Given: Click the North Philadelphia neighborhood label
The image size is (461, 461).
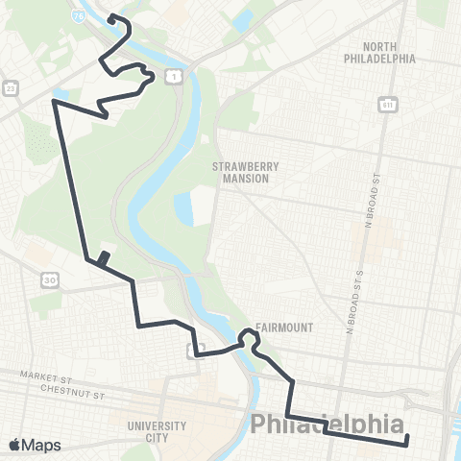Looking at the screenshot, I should pyautogui.click(x=379, y=52).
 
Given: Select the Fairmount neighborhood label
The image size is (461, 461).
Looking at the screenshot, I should pyautogui.click(x=284, y=327).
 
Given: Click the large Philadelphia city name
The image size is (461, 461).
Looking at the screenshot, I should pyautogui.click(x=327, y=424).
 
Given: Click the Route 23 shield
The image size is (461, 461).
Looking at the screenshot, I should pyautogui.click(x=11, y=87).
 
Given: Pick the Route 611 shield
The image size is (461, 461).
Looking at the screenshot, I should pyautogui.click(x=387, y=104).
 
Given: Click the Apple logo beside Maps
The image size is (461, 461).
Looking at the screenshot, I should pyautogui.click(x=13, y=446).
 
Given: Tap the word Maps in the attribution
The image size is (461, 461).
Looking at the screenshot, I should pyautogui.click(x=41, y=446).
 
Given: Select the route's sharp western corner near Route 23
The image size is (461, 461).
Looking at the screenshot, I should pyautogui.click(x=55, y=101).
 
